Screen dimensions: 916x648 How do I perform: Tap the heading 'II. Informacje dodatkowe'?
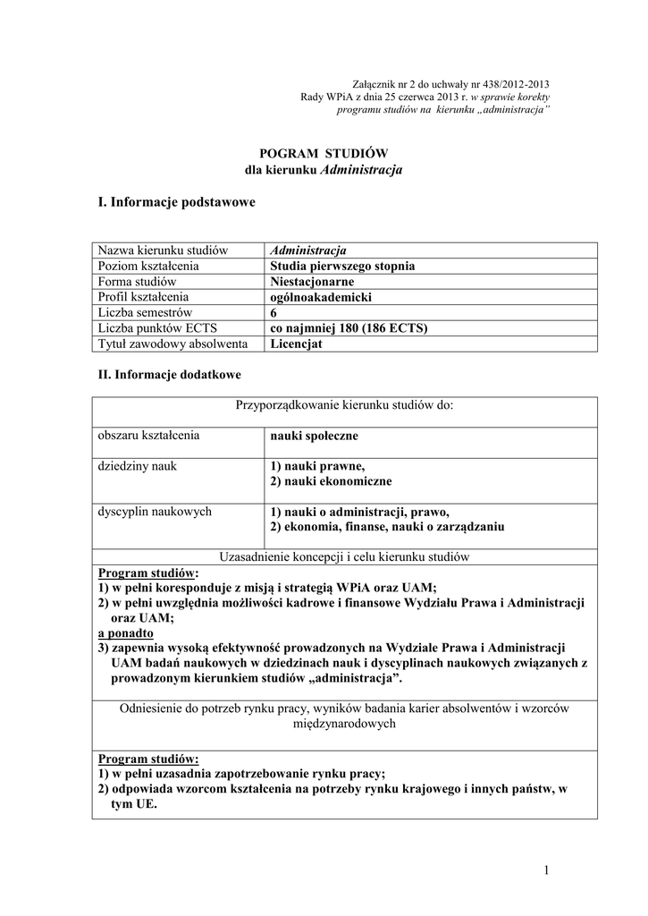[169, 375]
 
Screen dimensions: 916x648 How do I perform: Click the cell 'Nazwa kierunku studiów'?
[164, 250]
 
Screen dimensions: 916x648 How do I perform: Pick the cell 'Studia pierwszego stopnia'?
[342, 266]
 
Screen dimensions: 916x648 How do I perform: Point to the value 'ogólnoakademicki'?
[320, 297]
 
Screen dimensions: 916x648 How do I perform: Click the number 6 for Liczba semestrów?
[274, 313]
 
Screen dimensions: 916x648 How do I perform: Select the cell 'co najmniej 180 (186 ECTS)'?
[349, 328]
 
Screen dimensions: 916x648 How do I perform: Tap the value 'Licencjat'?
[297, 343]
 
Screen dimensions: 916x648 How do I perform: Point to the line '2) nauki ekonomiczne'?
[331, 481]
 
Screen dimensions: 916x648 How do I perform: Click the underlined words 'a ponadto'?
[125, 633]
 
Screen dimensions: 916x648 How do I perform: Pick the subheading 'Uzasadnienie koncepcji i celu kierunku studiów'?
[345, 556]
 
